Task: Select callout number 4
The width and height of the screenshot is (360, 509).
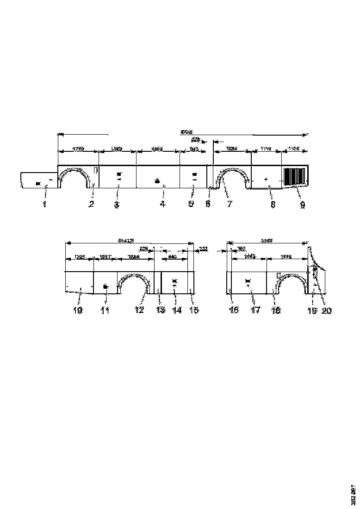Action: click(x=163, y=205)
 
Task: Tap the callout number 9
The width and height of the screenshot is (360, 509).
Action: click(x=302, y=205)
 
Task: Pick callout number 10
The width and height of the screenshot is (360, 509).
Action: click(x=78, y=310)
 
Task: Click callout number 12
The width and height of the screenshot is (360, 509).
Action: click(x=139, y=310)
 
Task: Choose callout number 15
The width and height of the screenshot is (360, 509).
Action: click(x=195, y=310)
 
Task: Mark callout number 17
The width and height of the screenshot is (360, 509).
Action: click(x=255, y=310)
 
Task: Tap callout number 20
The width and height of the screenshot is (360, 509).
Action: click(x=327, y=310)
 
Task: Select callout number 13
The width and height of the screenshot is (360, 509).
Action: click(x=161, y=310)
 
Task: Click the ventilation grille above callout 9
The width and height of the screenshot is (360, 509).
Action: click(x=294, y=176)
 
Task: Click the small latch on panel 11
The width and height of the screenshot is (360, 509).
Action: click(x=106, y=287)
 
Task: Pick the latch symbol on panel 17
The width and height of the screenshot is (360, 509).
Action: click(x=247, y=281)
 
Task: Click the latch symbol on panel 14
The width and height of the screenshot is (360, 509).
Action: click(x=174, y=281)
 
